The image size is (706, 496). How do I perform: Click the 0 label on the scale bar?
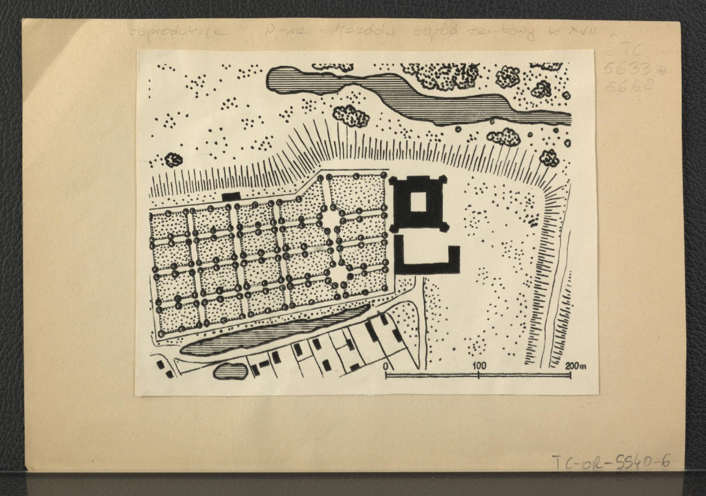(385, 365)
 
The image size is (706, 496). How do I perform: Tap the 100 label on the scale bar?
(479, 365)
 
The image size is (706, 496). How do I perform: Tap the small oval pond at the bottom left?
(229, 371)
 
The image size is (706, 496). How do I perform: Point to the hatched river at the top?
(412, 94)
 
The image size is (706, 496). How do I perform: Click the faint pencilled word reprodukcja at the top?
(176, 31)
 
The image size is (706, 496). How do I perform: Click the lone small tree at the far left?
(173, 159)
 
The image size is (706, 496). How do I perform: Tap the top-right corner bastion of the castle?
(443, 179)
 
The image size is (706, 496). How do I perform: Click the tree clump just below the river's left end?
(351, 115)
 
